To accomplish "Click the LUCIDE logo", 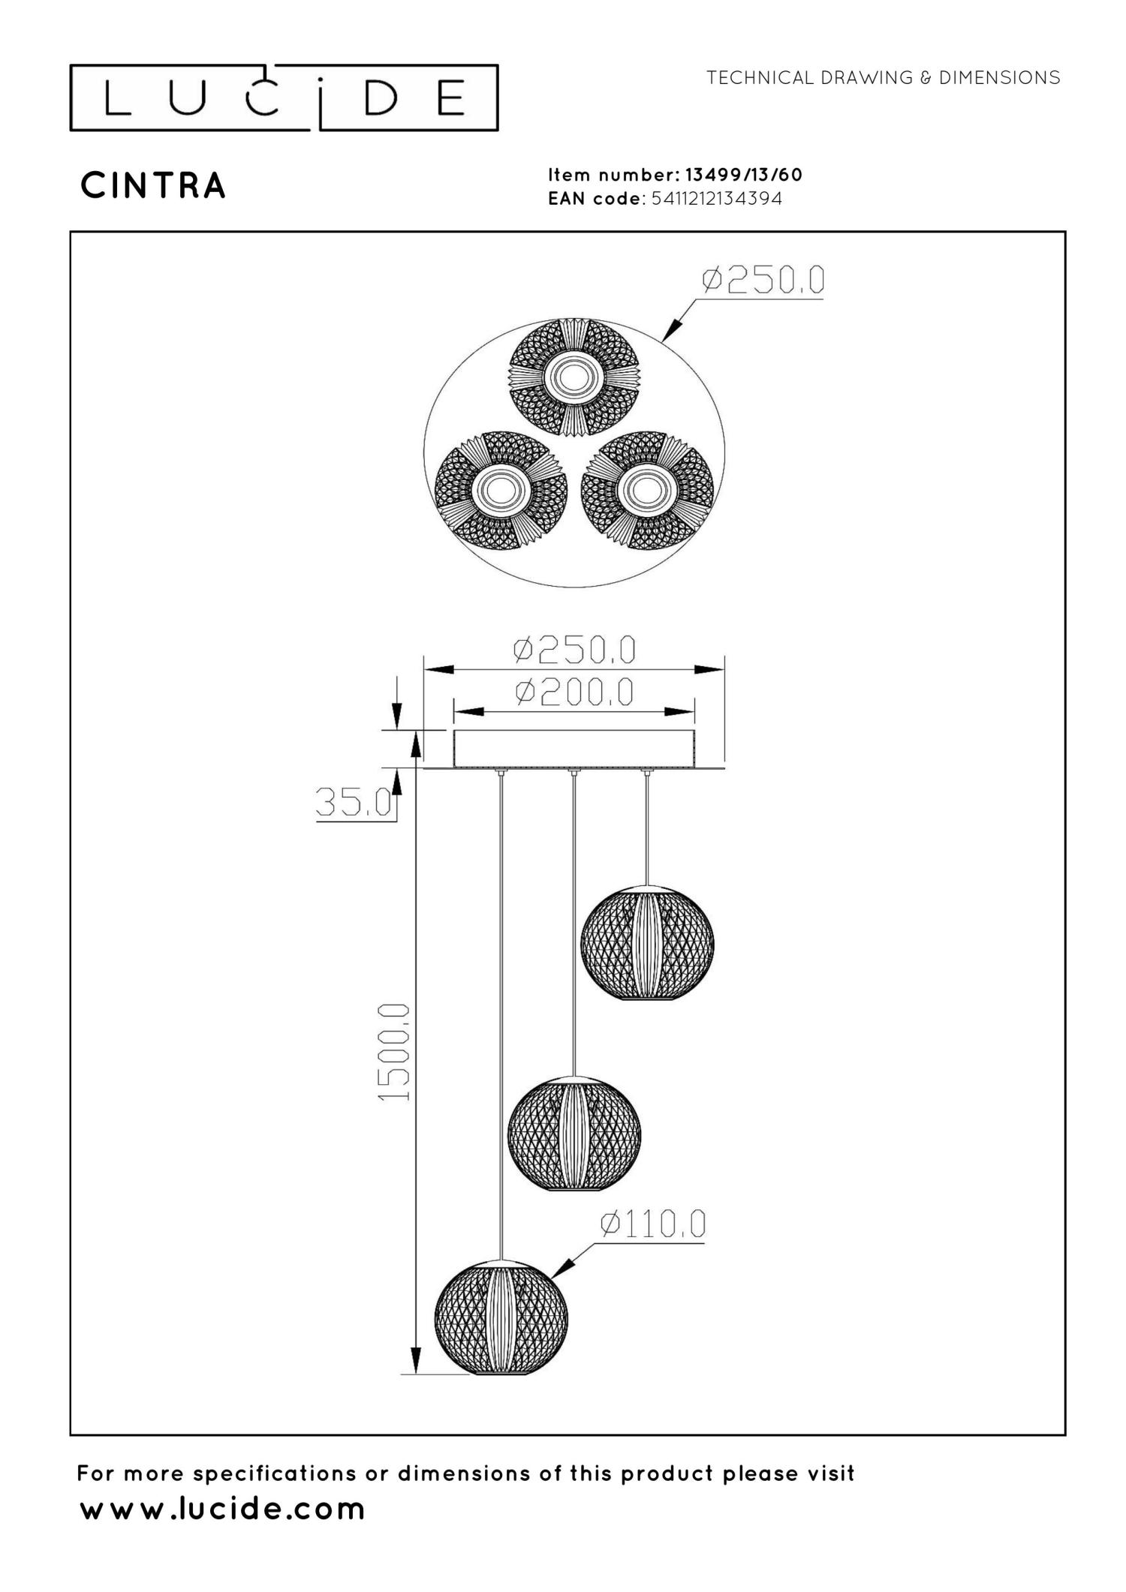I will (x=284, y=98).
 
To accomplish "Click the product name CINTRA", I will (x=153, y=186).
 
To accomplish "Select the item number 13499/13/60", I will (x=743, y=175).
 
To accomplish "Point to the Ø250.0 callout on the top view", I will (x=763, y=281).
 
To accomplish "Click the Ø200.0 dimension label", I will (x=574, y=692).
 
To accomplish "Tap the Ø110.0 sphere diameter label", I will (x=652, y=1225).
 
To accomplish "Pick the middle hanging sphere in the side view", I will (x=574, y=1134).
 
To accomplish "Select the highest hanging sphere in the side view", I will (x=647, y=944).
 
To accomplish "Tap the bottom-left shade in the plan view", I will (x=501, y=489).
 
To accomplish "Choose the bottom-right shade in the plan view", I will (x=647, y=489).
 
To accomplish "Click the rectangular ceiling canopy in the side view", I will (x=574, y=749).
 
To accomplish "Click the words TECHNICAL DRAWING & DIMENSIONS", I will (x=883, y=78).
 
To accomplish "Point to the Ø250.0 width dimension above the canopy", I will (x=574, y=650).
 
